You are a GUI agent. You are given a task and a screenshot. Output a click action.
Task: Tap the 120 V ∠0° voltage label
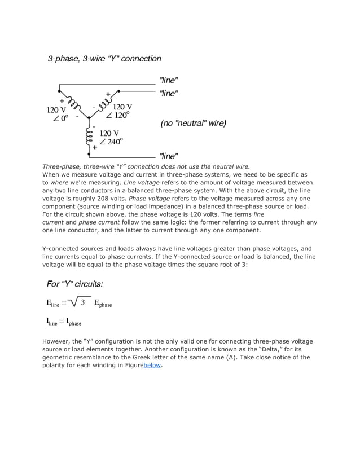(57, 113)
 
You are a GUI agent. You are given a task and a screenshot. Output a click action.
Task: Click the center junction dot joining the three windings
(89, 118)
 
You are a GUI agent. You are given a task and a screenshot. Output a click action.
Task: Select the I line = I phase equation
(64, 322)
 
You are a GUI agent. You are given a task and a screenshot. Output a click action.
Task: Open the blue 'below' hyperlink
(152, 365)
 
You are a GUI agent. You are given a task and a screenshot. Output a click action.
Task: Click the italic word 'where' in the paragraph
(59, 183)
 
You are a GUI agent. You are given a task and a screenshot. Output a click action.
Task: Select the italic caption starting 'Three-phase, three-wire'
(146, 167)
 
